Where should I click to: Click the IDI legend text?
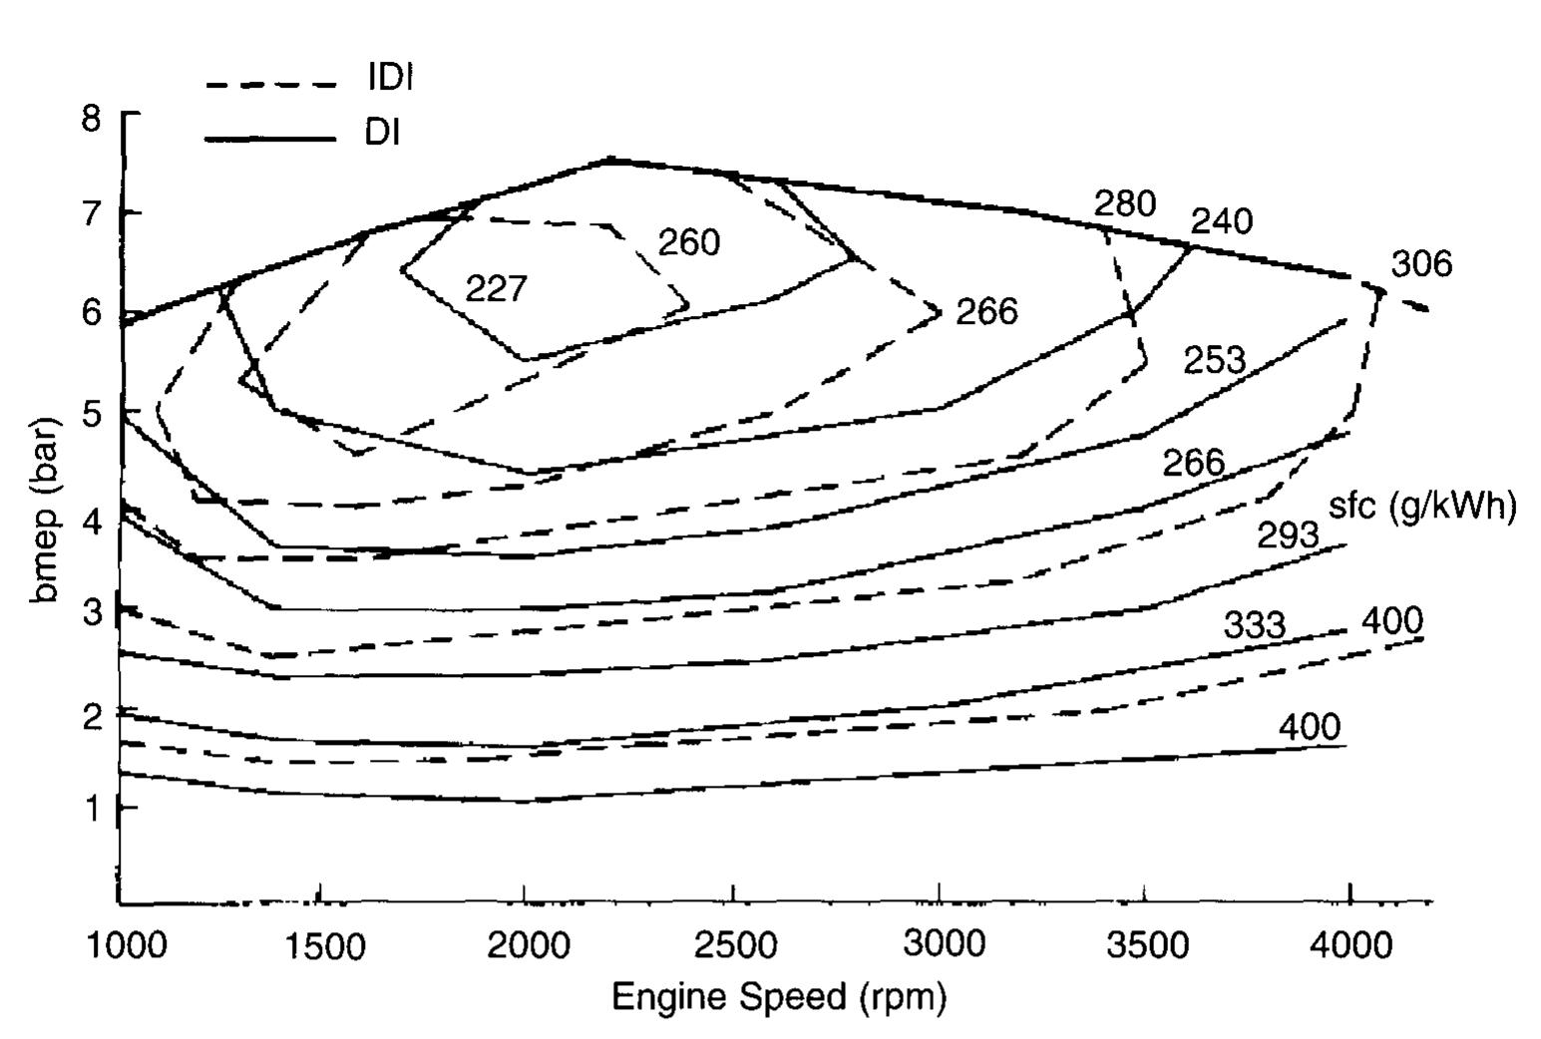390,78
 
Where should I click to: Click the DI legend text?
382,132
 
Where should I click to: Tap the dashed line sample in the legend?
270,84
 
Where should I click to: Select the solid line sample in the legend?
270,139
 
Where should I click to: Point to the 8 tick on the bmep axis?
92,118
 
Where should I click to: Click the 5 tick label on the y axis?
92,413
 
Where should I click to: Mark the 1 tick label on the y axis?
92,807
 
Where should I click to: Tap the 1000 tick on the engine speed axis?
127,944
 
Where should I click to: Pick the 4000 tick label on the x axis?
1349,944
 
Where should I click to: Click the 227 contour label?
496,289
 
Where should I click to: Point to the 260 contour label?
688,242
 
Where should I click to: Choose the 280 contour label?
1125,203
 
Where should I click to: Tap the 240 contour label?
1222,220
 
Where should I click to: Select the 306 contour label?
1421,264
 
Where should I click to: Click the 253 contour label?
1214,359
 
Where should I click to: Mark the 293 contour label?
1288,535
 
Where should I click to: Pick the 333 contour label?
1255,625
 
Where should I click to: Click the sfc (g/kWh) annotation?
1422,506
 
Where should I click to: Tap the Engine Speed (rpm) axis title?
778,996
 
